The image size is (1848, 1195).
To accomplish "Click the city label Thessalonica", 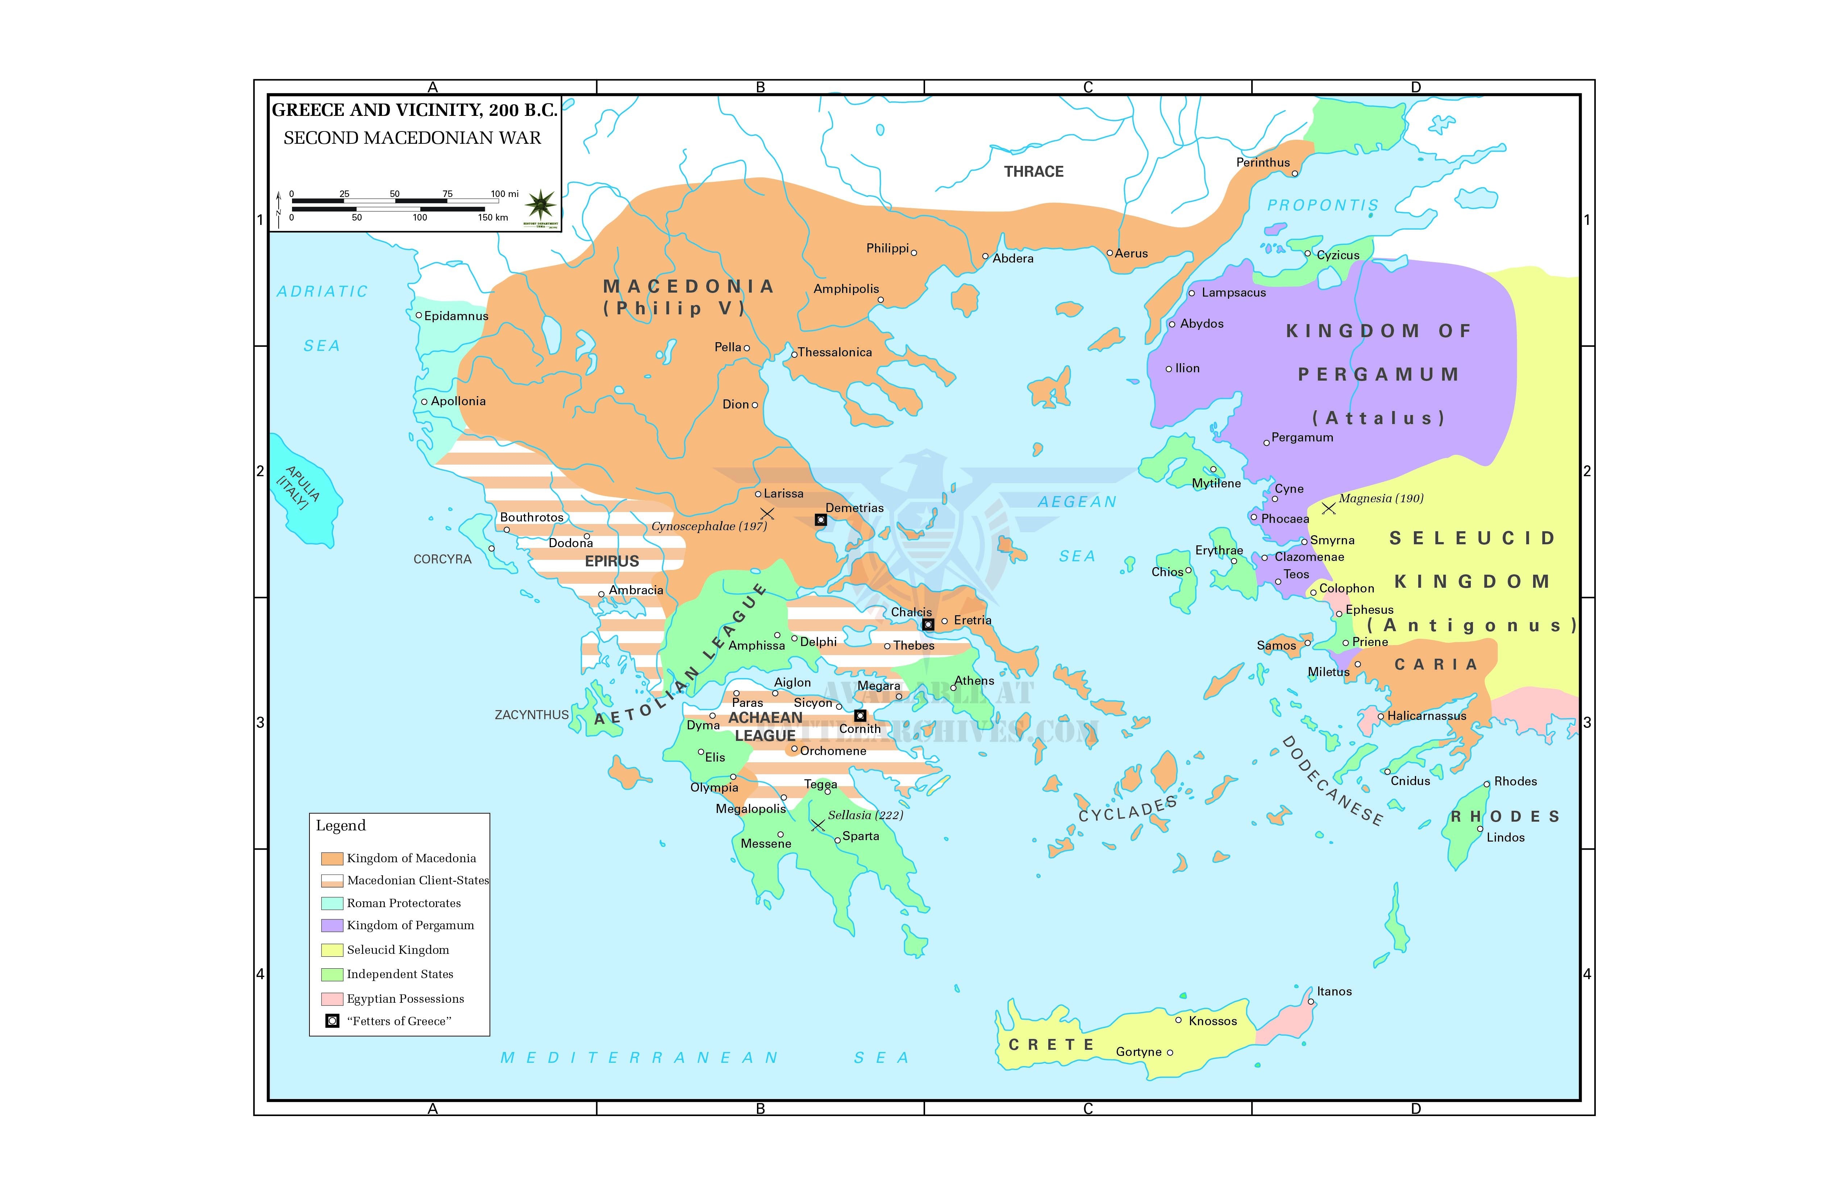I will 835,352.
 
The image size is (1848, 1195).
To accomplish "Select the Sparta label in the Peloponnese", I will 860,836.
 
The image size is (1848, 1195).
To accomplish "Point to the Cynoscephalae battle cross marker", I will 767,513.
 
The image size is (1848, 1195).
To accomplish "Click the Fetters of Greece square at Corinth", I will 860,716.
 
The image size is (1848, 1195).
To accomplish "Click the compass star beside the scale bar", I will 540,205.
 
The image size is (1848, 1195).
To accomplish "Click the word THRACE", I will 1033,172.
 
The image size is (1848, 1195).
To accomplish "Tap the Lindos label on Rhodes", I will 1505,837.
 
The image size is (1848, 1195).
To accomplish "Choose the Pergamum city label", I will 1302,438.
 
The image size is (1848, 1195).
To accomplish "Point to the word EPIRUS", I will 612,561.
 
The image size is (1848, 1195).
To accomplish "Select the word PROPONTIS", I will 1322,205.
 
